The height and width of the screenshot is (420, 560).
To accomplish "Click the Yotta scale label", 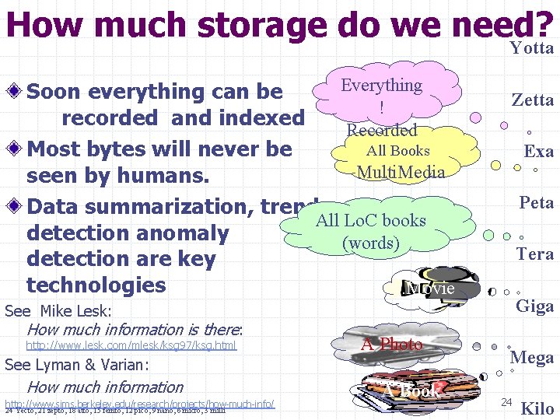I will click(x=532, y=48).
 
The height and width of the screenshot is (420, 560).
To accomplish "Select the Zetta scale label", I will click(x=532, y=100).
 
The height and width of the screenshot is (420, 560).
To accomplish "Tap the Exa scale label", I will click(x=538, y=151).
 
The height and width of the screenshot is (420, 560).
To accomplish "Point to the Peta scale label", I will click(x=536, y=203).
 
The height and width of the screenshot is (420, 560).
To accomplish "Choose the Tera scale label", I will click(x=535, y=254).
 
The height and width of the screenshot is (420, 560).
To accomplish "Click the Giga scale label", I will click(x=535, y=306).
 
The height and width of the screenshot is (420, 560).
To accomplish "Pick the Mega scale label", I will click(x=531, y=358).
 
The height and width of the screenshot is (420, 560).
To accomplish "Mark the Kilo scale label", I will click(x=537, y=408).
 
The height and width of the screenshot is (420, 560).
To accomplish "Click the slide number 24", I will click(x=506, y=401).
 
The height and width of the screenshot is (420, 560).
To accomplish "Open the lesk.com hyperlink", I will click(x=131, y=345).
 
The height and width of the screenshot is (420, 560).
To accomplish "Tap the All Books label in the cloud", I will click(x=397, y=151).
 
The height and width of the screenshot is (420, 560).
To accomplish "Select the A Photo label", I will click(x=392, y=344).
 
